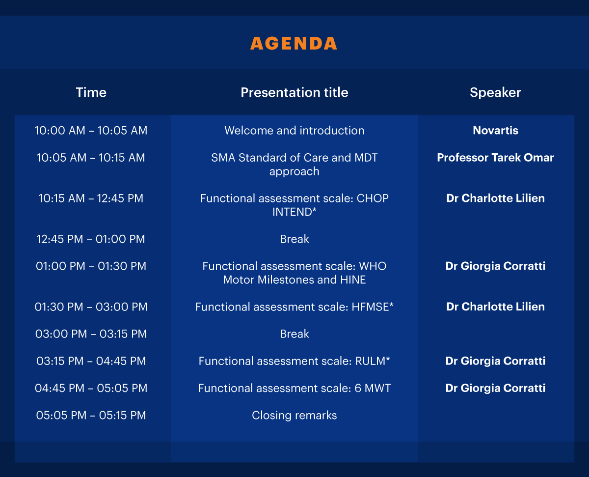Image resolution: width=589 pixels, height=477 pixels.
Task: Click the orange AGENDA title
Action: [294, 43]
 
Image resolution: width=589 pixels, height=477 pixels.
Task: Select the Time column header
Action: [91, 92]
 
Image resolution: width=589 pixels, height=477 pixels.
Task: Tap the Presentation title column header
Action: [294, 92]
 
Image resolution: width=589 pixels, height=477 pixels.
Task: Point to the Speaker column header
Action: [495, 93]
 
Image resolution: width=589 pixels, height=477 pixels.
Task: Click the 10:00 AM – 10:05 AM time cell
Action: [91, 131]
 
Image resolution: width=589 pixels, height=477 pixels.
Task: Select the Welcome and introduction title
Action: [294, 131]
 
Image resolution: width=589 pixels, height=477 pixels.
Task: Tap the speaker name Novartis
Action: [495, 131]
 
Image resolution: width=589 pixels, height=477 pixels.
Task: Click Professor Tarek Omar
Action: [495, 158]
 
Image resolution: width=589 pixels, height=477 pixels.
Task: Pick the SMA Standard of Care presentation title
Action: [294, 165]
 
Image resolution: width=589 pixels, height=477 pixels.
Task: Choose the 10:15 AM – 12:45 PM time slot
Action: [91, 198]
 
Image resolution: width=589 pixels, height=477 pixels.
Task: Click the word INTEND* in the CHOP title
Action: [294, 212]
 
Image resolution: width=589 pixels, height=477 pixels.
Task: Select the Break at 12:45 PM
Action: [294, 239]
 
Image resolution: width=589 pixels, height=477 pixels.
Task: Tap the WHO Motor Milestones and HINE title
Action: [294, 273]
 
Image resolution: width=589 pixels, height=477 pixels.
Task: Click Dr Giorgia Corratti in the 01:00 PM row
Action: [495, 266]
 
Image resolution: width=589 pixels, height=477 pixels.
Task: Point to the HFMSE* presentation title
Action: [294, 307]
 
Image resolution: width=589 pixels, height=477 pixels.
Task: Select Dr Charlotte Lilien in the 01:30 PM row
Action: [495, 307]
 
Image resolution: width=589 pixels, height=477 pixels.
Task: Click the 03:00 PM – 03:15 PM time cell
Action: [91, 334]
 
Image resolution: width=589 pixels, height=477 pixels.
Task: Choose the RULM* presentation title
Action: [294, 361]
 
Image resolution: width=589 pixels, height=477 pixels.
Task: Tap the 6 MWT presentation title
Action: [294, 388]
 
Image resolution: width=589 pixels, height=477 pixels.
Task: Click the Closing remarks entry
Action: [294, 415]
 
